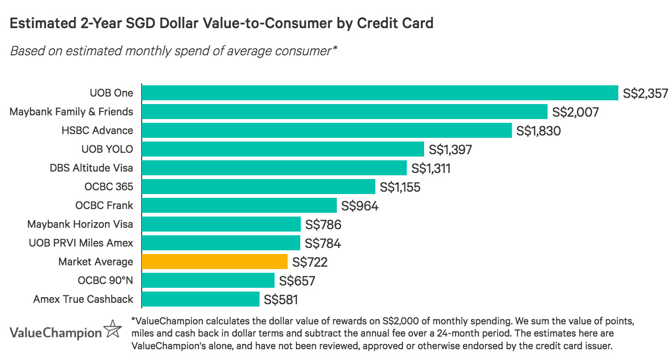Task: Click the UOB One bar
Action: coord(380,93)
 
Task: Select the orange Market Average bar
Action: coord(214,262)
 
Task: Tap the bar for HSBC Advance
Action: coord(326,130)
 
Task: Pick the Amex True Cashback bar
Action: coord(200,299)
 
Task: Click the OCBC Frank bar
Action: coord(239,205)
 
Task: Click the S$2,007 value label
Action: coord(576,112)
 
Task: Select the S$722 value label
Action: coord(310,262)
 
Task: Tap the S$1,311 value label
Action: coord(431,168)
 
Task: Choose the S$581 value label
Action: coord(281,300)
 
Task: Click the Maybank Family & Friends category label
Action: coord(71,112)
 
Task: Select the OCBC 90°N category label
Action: coord(106,280)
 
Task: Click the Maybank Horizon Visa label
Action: coord(80,224)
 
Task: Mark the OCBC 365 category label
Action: coord(109,187)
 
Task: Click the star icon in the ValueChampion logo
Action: coord(112,329)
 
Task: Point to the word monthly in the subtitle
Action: coord(143,51)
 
